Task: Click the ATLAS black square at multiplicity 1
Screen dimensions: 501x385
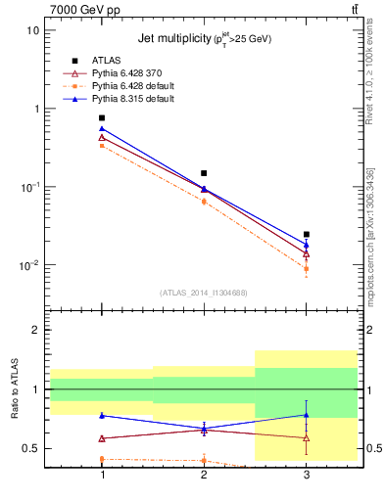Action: [102, 117]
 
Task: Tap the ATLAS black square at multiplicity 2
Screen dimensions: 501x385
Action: [204, 173]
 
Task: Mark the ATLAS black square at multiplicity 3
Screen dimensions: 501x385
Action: [307, 235]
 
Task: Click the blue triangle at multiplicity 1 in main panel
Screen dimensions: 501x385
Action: [102, 128]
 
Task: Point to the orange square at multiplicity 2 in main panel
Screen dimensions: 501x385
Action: [204, 202]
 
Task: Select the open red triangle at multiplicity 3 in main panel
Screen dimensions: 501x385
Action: [307, 253]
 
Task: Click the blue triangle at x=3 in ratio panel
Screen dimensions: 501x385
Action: [307, 414]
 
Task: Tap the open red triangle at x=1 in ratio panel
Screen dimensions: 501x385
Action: [102, 438]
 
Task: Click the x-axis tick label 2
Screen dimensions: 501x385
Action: [204, 475]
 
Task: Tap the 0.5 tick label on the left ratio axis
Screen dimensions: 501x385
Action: [34, 449]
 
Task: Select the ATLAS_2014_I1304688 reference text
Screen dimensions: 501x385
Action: [204, 293]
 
